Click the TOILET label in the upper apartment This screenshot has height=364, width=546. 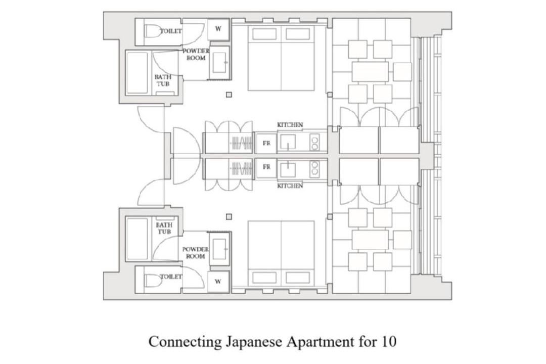[x=171, y=31]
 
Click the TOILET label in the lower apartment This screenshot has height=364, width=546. [x=171, y=277]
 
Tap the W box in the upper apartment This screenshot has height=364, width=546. [x=218, y=29]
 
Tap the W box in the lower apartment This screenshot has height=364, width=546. [x=218, y=282]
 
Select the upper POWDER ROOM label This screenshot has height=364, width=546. [x=196, y=54]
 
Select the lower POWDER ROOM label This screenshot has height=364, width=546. [x=196, y=253]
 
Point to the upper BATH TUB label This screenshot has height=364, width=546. [x=163, y=80]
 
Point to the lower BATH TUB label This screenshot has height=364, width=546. [x=164, y=228]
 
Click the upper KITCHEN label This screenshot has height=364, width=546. [x=290, y=124]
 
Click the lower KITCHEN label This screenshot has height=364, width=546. [x=290, y=186]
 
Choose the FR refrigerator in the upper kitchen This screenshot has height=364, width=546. [x=266, y=143]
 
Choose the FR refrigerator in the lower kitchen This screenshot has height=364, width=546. [x=266, y=167]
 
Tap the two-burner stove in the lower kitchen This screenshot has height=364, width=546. [x=314, y=168]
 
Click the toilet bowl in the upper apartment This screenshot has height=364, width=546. [x=151, y=32]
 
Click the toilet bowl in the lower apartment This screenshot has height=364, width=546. [x=151, y=280]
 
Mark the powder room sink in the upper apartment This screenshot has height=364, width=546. [x=220, y=62]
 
